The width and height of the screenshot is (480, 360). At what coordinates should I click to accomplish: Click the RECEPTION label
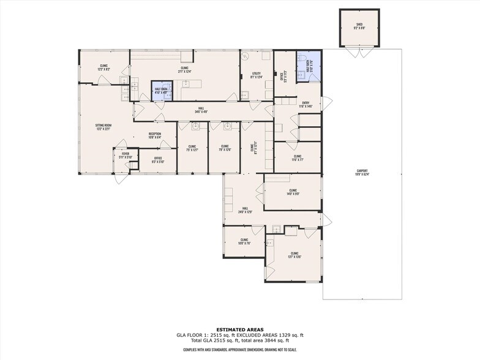[x=154, y=135]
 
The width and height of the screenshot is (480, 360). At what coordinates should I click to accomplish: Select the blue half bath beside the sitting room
[x=161, y=90]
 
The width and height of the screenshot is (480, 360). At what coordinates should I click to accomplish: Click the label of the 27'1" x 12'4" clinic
[x=184, y=70]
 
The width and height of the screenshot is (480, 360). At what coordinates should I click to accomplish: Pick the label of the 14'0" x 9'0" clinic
[x=292, y=192]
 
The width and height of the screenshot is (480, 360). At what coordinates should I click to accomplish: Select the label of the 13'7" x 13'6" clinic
[x=294, y=255]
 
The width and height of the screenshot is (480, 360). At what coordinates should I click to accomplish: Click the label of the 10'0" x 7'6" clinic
[x=244, y=241]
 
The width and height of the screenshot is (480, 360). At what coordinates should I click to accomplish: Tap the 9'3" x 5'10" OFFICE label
[x=158, y=160]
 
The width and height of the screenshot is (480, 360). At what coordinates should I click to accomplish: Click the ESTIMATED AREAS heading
[x=239, y=329]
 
